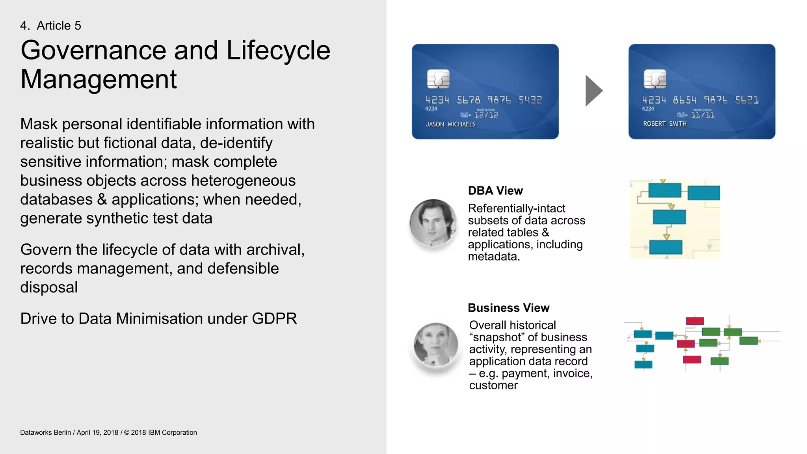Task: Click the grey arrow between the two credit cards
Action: (x=593, y=91)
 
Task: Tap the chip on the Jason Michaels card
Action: (x=438, y=79)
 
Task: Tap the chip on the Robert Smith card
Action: (x=655, y=79)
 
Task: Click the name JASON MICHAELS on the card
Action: (x=450, y=124)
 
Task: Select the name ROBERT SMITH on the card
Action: (x=665, y=124)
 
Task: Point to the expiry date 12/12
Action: (x=486, y=115)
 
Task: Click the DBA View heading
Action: (x=495, y=191)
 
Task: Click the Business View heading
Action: (x=508, y=308)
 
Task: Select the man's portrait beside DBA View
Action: (x=433, y=223)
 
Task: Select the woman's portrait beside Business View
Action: (x=436, y=345)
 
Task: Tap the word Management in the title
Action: (x=99, y=79)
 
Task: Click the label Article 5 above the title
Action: (x=59, y=26)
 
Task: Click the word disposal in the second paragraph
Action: (x=49, y=287)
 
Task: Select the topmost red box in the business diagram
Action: (x=694, y=321)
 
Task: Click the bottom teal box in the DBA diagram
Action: (x=666, y=247)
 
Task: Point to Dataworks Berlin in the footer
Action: (x=45, y=432)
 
